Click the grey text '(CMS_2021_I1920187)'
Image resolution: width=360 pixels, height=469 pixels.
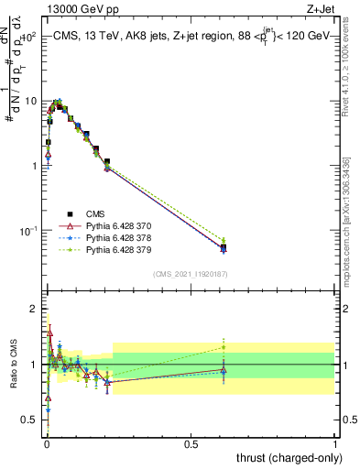click(x=190, y=274)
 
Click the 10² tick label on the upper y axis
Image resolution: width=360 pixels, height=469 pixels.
click(x=30, y=38)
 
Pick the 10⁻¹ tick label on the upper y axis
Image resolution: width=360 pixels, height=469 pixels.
click(x=30, y=230)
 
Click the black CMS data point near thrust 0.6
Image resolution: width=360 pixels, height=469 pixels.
click(x=223, y=247)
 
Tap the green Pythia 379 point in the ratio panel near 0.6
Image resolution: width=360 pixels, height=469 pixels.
click(x=223, y=347)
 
